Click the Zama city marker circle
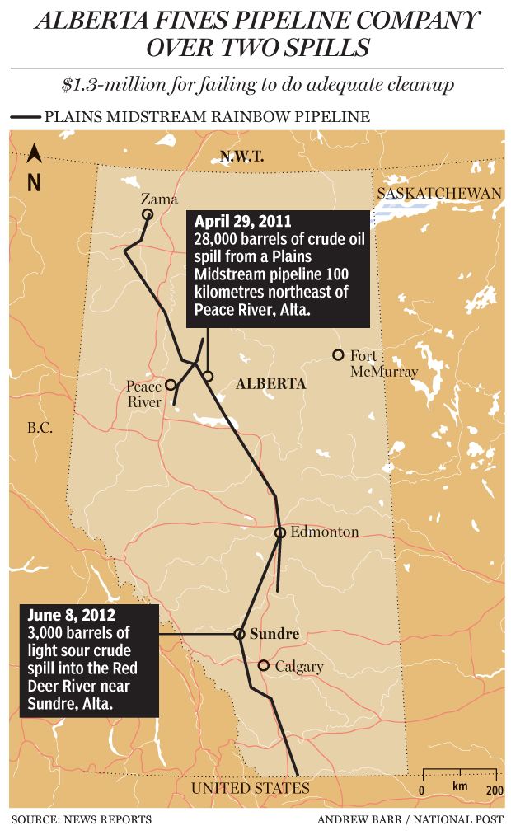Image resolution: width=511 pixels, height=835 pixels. click(x=148, y=214)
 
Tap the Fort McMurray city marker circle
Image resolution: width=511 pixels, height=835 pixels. click(x=337, y=355)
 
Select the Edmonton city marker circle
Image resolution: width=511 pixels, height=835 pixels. click(x=280, y=532)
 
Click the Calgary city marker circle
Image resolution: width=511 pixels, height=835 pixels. click(x=263, y=665)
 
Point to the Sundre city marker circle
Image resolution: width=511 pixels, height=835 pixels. click(x=239, y=634)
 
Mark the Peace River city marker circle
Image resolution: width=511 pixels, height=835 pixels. click(x=171, y=384)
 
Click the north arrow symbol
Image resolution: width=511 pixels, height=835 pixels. click(x=34, y=153)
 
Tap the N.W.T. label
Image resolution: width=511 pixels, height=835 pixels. click(x=240, y=155)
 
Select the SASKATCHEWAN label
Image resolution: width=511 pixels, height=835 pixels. click(x=438, y=192)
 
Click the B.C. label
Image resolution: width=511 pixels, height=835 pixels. click(x=40, y=428)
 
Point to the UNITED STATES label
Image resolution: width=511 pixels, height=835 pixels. click(x=251, y=789)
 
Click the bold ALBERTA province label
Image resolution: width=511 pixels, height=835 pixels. click(x=270, y=384)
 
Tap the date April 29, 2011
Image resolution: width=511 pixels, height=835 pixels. click(x=242, y=222)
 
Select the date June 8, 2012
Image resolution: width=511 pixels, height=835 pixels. click(x=71, y=615)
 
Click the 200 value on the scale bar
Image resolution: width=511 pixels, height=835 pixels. click(x=495, y=790)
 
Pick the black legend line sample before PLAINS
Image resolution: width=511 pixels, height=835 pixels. click(x=26, y=118)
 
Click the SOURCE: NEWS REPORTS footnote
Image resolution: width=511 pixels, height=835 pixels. click(x=82, y=819)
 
